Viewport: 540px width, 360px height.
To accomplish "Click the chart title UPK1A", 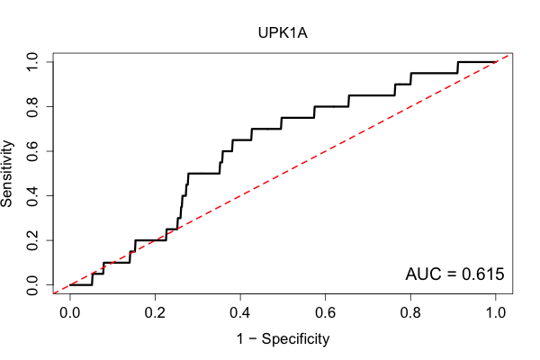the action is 283,33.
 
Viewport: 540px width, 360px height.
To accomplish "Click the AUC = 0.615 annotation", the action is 454,274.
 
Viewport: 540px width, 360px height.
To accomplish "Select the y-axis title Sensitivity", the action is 7,174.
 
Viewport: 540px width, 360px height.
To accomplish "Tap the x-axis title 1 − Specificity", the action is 283,339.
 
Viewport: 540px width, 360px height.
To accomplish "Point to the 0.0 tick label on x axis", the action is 70,312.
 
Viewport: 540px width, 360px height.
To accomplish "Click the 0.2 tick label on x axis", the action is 155,312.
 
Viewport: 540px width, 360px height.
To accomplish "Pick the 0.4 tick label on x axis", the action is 240,312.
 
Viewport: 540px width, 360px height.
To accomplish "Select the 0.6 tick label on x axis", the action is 325,312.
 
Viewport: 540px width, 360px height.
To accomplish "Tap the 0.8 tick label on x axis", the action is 410,312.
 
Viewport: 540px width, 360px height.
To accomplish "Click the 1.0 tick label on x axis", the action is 496,312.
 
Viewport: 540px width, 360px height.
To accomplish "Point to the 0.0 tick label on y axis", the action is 32,285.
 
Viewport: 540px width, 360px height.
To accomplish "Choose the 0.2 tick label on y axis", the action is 32,240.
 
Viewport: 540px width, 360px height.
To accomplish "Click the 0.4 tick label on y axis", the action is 32,195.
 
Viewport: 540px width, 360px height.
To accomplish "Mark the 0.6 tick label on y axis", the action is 32,151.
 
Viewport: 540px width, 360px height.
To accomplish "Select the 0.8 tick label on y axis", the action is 32,107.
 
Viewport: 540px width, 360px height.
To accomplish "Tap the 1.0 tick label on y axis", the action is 32,62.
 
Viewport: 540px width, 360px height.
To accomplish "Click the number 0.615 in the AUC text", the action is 482,274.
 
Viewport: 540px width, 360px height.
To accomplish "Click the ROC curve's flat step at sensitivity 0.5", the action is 204,174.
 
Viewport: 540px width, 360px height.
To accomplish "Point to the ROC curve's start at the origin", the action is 70,285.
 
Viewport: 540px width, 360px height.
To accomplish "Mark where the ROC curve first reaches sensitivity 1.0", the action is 458,62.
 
